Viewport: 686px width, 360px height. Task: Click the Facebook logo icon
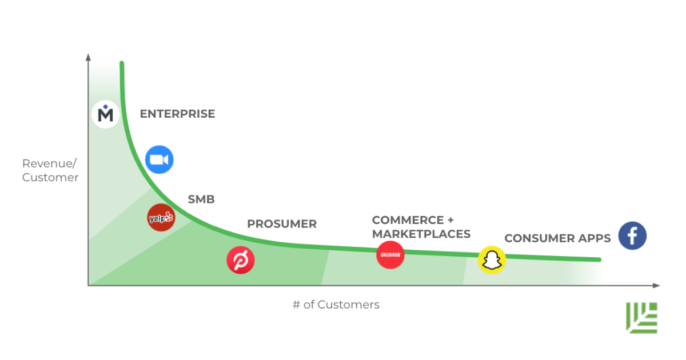click(632, 236)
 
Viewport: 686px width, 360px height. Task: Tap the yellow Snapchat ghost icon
click(492, 260)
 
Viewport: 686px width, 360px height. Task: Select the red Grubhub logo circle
click(390, 254)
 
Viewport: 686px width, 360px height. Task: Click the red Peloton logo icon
click(241, 261)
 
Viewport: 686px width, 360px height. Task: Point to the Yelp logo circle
click(161, 218)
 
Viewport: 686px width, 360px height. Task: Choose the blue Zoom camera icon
click(159, 160)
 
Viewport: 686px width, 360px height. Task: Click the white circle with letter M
click(105, 114)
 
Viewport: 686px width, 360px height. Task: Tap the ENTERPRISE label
click(177, 114)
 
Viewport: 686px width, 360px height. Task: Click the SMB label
click(201, 199)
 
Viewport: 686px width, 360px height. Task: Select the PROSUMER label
click(281, 224)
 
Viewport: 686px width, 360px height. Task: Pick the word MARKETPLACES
click(421, 234)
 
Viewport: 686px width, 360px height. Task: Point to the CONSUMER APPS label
click(557, 238)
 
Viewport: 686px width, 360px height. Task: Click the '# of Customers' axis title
click(336, 305)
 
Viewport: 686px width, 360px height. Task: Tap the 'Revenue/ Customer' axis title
click(50, 170)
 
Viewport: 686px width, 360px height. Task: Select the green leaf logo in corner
click(642, 317)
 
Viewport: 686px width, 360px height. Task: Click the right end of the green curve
click(599, 259)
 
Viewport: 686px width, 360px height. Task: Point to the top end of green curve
click(122, 63)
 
